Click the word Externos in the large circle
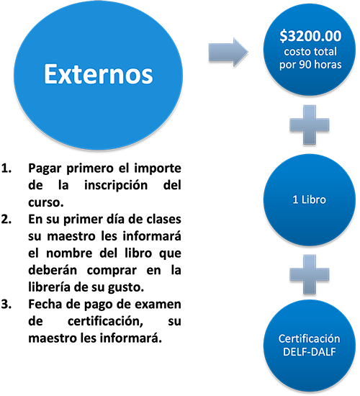tap(99, 73)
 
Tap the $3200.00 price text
tap(310, 35)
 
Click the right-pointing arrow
tap(228, 53)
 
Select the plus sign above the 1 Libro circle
tap(310, 125)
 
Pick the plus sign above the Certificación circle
tap(310, 274)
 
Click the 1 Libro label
tap(309, 199)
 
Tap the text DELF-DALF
tap(309, 351)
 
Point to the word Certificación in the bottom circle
tap(309, 338)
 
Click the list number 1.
tap(6, 168)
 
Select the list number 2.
tap(6, 219)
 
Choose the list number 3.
tap(6, 304)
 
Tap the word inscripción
tap(116, 186)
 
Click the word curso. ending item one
tap(46, 202)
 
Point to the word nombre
tap(69, 253)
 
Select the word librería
tap(49, 287)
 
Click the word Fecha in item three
tap(45, 304)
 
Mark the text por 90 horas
tap(310, 65)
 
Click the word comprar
tap(112, 271)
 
